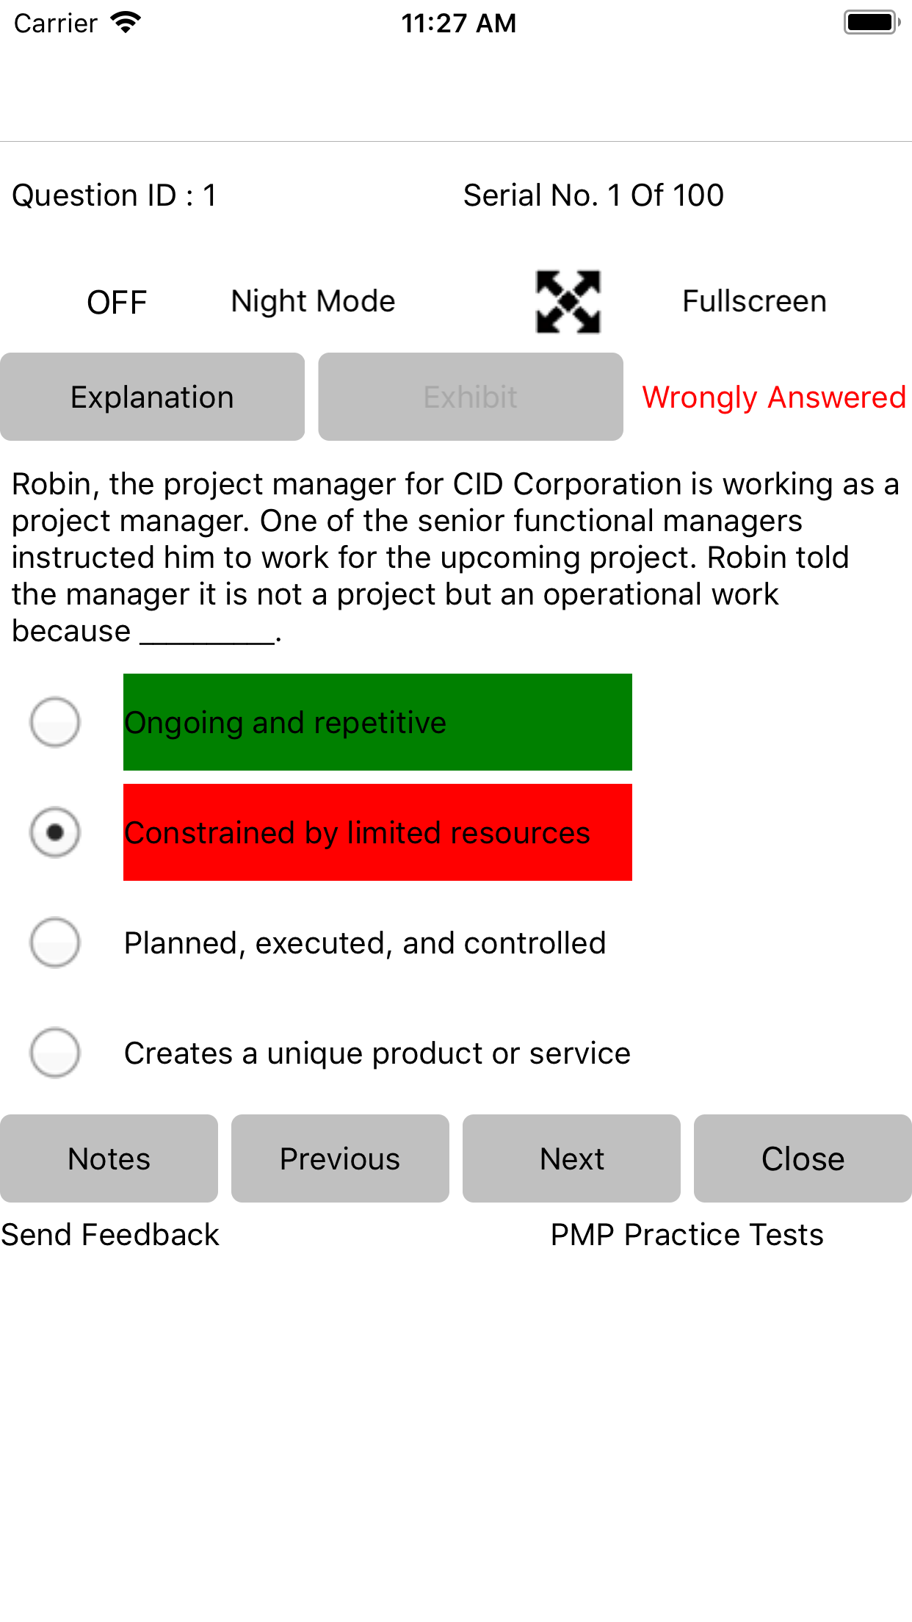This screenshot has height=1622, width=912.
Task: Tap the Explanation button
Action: (152, 397)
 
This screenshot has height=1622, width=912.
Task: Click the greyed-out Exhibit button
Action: (471, 397)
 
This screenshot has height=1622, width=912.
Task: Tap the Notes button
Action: (109, 1158)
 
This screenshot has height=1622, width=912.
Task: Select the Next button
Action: (571, 1158)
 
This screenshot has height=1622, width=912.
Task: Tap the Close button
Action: (803, 1158)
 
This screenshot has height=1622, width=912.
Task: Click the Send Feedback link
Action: (110, 1235)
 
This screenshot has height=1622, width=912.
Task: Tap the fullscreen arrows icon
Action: (568, 302)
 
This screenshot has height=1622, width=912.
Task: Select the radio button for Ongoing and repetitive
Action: (55, 722)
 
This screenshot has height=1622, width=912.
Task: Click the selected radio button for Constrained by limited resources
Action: (55, 832)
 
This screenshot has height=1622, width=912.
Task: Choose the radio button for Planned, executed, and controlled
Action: (55, 942)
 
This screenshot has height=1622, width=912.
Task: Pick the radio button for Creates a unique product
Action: (55, 1053)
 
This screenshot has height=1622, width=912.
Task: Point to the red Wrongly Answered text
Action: (774, 397)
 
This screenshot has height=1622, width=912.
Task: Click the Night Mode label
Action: (314, 302)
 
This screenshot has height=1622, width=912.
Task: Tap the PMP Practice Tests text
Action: (687, 1235)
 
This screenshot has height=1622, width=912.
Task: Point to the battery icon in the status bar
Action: (872, 22)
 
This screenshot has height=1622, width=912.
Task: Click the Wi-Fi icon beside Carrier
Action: (126, 23)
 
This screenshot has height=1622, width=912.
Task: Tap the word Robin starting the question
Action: (51, 484)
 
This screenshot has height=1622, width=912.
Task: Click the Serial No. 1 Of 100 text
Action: (593, 195)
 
